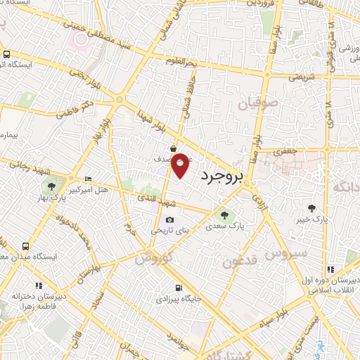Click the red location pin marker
tap(181, 165)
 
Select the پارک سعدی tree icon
tap(224, 215)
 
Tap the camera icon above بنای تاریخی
tap(169, 219)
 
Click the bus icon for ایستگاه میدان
tap(26, 247)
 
